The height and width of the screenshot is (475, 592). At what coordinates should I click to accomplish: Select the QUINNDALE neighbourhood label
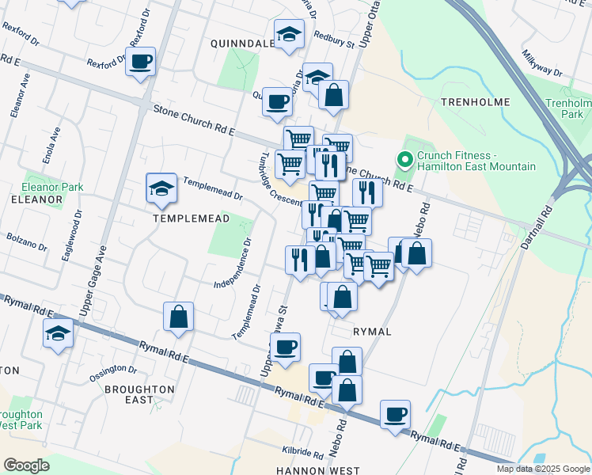pos(241,44)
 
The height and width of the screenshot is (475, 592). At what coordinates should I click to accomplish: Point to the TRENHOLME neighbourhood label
pos(476,102)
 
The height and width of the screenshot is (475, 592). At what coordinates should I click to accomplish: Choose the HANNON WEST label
pos(317,470)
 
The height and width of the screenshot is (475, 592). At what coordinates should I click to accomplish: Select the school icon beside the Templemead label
pos(161,189)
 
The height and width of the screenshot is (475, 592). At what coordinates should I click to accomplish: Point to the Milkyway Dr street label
pos(542,64)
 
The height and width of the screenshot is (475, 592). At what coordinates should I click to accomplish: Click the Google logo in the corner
pos(26,465)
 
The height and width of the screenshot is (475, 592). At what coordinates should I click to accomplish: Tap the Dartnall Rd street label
pos(543,226)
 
